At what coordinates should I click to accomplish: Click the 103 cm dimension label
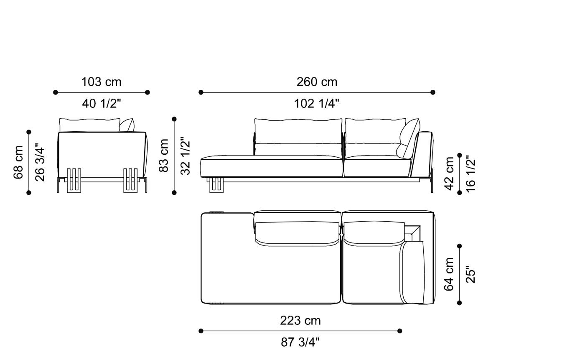coord(101,82)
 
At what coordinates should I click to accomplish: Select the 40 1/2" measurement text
coord(102,103)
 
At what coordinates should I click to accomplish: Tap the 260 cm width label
coord(317,82)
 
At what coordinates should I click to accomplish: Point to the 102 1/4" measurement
coord(317,103)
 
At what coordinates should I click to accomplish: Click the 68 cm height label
coord(19,162)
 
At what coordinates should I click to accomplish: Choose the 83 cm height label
coord(164,156)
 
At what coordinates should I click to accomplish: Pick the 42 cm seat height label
coord(450,174)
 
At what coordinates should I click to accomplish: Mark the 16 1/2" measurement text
coord(471,174)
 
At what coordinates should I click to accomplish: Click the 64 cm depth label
coord(450,274)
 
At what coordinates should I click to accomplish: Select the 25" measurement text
coord(471,274)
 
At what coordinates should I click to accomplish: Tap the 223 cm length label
coord(300,321)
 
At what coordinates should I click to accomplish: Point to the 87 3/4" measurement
coord(300,342)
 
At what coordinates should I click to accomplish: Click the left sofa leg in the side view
coord(74,181)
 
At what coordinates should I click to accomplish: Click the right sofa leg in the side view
coord(130,181)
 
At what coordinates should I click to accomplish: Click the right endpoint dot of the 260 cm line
coord(433,92)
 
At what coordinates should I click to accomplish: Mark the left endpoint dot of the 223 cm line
coord(201,331)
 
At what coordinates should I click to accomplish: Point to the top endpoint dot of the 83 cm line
coord(174,119)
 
